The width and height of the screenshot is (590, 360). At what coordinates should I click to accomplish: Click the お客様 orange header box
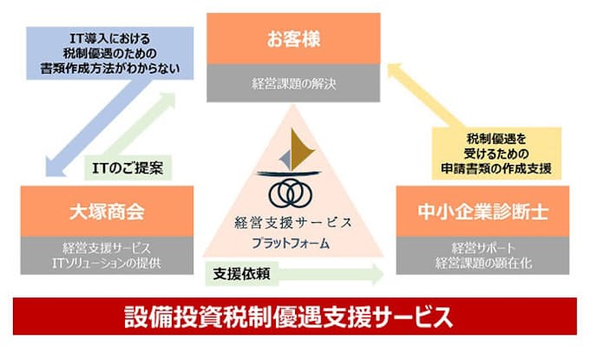click(294, 38)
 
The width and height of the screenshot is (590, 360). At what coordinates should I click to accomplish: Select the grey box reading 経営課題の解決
click(294, 85)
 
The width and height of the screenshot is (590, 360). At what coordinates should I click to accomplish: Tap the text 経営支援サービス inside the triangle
click(294, 223)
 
